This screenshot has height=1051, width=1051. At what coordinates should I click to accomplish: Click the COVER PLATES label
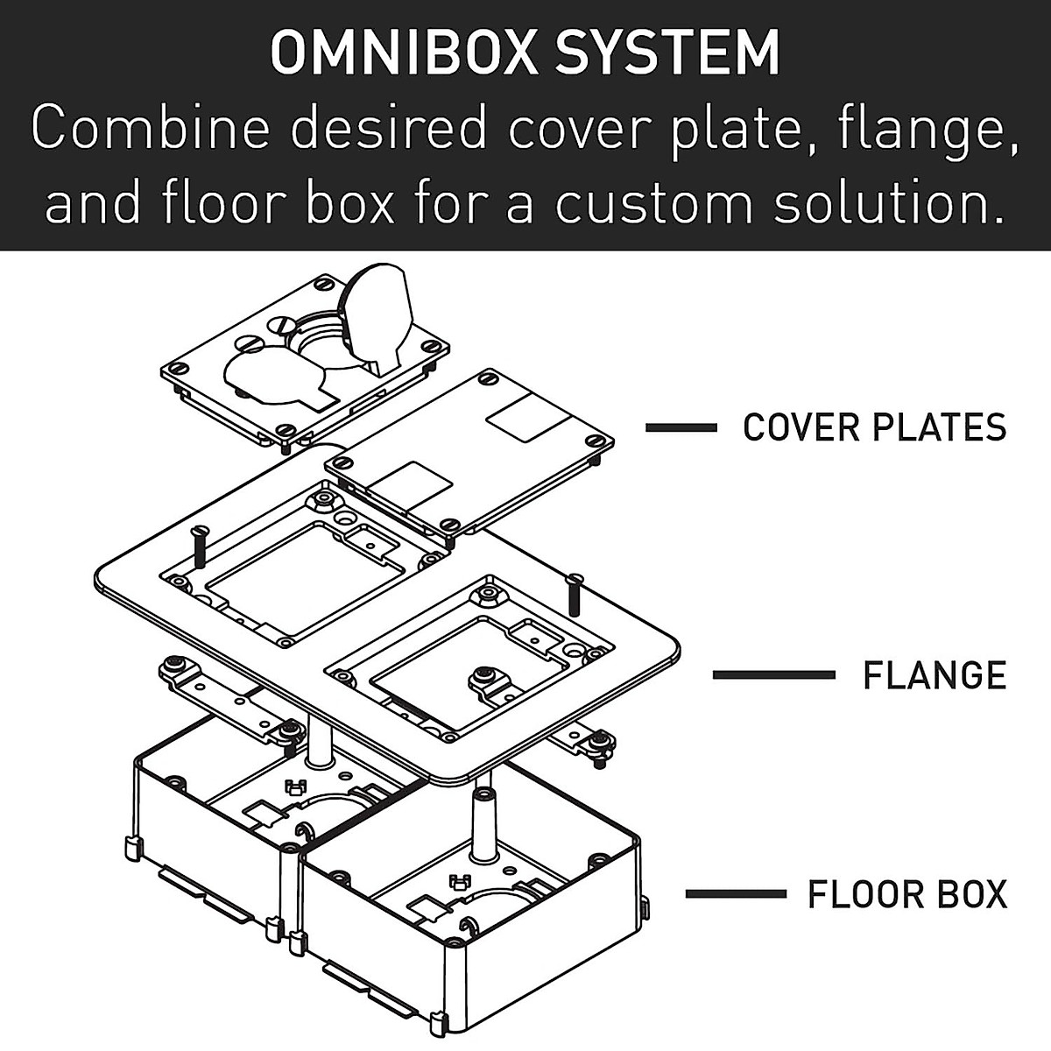(874, 427)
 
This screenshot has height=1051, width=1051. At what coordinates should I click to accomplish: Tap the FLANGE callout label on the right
(935, 675)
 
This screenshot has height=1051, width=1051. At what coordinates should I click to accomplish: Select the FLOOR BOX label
(907, 894)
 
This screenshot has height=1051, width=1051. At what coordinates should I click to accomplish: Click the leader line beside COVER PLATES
(681, 427)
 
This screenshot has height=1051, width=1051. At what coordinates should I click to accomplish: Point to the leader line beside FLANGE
(773, 675)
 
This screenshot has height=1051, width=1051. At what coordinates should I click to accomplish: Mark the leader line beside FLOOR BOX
(736, 894)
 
